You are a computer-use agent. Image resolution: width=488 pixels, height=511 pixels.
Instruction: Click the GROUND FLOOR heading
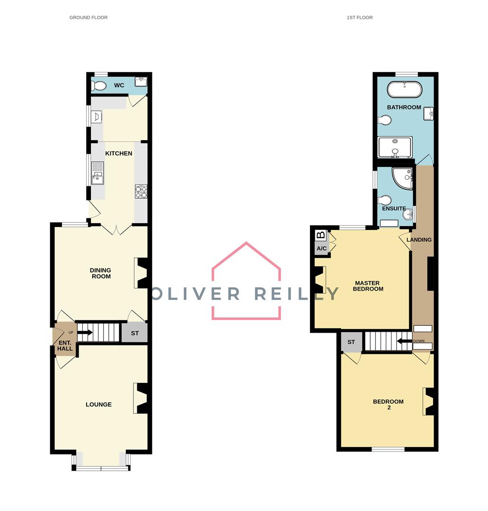[x=89, y=18]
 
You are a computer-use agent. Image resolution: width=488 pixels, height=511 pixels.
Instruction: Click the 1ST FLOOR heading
[x=360, y=18]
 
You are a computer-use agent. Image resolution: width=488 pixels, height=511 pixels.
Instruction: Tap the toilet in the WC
[x=99, y=86]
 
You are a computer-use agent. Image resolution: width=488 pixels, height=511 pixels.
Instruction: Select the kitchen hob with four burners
[x=141, y=192]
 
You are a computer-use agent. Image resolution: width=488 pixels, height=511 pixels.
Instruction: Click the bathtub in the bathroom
[x=405, y=89]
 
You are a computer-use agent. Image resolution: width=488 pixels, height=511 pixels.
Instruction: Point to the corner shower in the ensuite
[x=402, y=178]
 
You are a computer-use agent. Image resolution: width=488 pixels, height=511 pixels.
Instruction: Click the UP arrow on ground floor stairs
[x=85, y=333]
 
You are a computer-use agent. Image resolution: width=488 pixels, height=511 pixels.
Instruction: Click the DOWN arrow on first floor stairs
[x=404, y=341]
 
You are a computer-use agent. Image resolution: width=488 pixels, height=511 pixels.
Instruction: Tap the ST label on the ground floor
[x=134, y=333]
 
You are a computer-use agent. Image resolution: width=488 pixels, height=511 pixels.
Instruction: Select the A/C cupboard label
[x=321, y=248]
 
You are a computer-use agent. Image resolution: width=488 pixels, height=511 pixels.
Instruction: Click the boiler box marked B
[x=321, y=235]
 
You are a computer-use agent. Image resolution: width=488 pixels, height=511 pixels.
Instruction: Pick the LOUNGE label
[x=98, y=405]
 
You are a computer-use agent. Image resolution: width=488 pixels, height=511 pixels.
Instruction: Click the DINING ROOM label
[x=101, y=273]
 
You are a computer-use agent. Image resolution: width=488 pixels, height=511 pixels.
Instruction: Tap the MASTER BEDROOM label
[x=368, y=286]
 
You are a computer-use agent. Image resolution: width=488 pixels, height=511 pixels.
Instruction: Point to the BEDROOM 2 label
[x=388, y=405]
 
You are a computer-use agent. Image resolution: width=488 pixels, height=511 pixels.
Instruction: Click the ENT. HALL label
[x=65, y=345]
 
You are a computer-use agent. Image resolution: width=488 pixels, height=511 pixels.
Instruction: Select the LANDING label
[x=419, y=240]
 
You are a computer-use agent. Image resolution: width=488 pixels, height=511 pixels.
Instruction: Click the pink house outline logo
[x=246, y=281]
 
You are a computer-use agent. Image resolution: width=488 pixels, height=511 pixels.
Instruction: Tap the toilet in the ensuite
[x=385, y=200]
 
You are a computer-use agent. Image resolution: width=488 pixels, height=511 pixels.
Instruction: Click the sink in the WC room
[x=141, y=81]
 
